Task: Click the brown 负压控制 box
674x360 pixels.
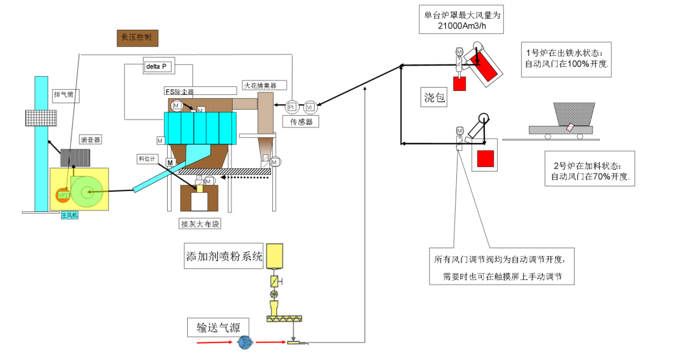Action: pos(136,38)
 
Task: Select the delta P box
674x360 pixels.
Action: pos(158,66)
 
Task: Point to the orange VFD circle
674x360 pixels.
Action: pos(64,194)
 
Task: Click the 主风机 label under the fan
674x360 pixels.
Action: pos(69,214)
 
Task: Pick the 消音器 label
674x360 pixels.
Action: pos(91,139)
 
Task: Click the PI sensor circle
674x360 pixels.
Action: pos(291,107)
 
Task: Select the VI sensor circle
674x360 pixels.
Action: pos(309,107)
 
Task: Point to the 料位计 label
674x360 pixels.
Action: pos(148,158)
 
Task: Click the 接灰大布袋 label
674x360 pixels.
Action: pos(200,224)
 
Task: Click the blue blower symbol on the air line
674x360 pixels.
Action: pos(245,342)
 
